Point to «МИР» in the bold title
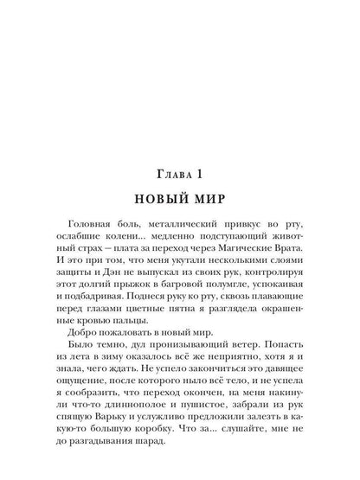tap(209, 208)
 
